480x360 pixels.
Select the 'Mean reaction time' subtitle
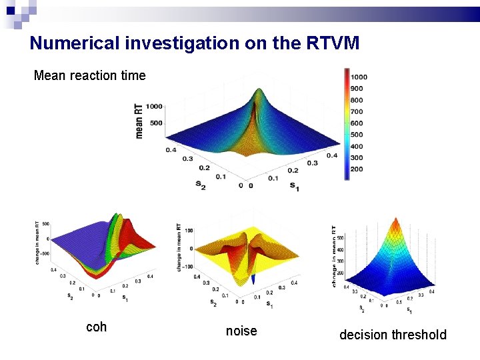click(89, 75)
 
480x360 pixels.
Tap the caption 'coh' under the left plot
click(96, 327)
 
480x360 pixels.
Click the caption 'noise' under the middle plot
click(241, 331)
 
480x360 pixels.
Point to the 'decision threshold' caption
click(393, 335)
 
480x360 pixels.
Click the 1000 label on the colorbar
click(359, 77)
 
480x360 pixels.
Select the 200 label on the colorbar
click(357, 170)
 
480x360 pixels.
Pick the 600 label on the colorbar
click(357, 123)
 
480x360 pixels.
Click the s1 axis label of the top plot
click(294, 188)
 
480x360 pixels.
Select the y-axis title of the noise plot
click(179, 247)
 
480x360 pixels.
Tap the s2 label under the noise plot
click(213, 303)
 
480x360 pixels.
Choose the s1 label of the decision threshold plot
click(409, 311)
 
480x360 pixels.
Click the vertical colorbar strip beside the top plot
click(346, 123)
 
